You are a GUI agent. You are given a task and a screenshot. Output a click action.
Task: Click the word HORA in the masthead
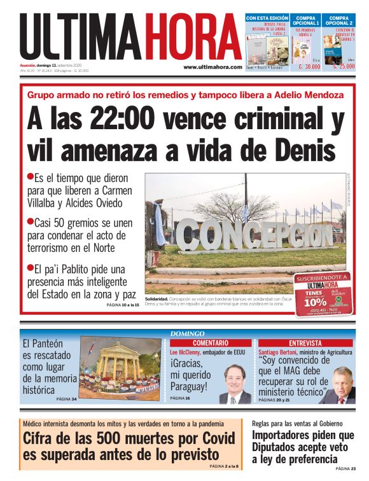[x=193, y=38]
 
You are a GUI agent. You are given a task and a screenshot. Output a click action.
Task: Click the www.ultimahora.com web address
[x=212, y=67]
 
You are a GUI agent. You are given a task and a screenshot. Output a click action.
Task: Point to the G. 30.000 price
[x=309, y=66]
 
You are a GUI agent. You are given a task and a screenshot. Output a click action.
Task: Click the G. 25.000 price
[x=344, y=66]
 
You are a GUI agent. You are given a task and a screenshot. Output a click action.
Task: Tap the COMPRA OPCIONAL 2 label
[x=338, y=21]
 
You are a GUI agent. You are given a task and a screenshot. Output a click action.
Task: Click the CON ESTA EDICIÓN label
[x=267, y=18]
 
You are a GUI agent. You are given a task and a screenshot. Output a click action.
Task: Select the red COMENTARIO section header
[x=205, y=343]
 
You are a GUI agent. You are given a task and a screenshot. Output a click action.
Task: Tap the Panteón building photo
[x=120, y=369]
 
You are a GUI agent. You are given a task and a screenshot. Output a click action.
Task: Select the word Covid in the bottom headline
[x=206, y=438]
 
